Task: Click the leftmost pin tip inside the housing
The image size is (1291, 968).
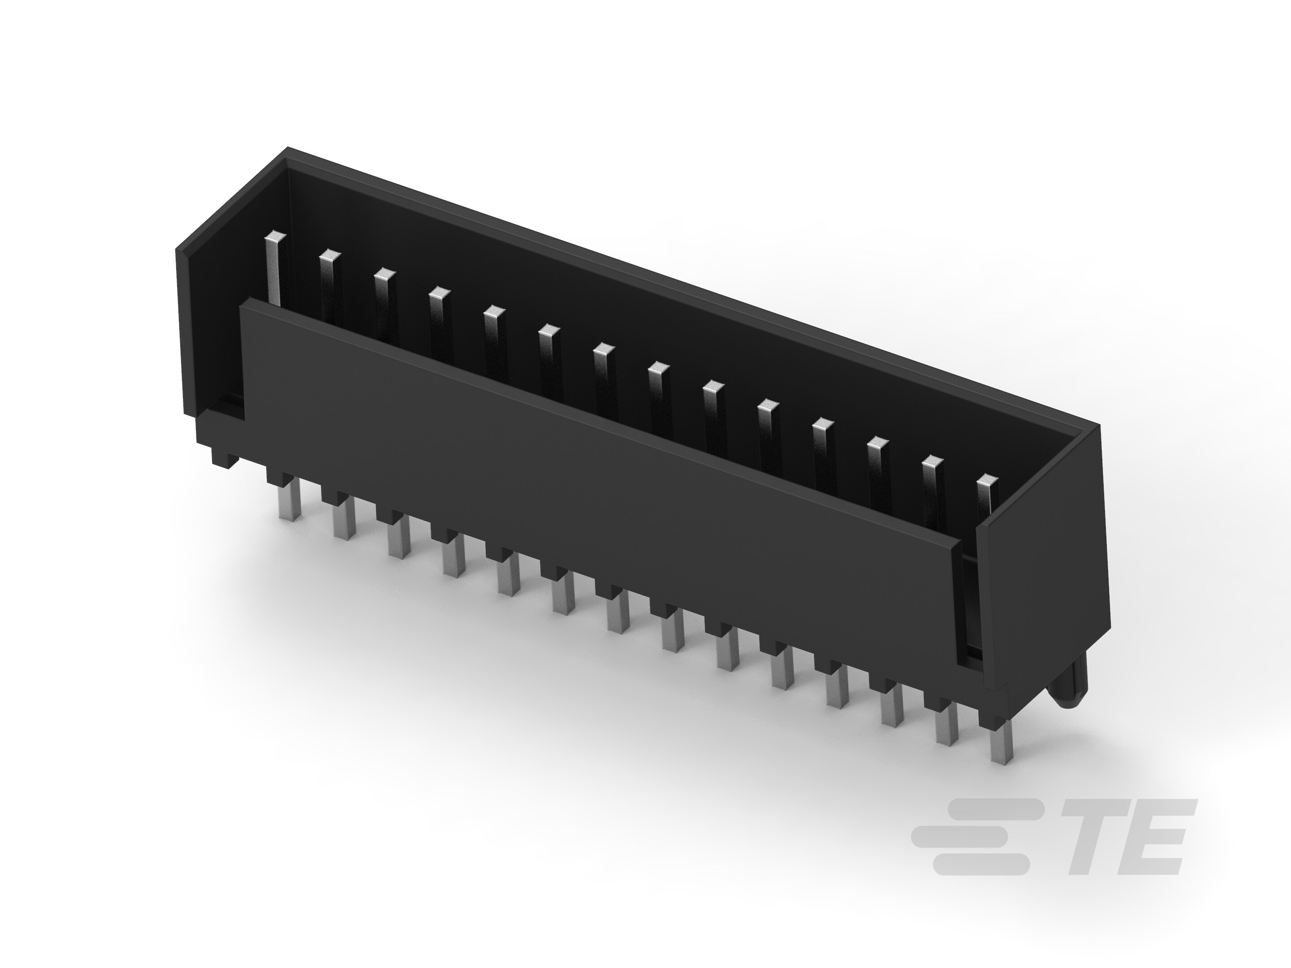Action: [276, 238]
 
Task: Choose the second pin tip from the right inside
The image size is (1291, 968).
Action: [932, 462]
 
